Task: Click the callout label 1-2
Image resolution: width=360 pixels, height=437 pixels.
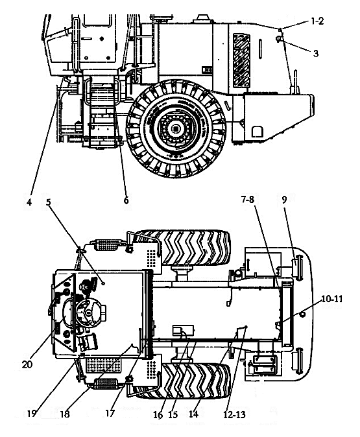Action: coord(317,21)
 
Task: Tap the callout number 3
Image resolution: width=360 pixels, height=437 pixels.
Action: coord(316,53)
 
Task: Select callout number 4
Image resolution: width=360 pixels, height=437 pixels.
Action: coord(29,202)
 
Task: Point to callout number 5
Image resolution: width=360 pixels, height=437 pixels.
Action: coord(48,202)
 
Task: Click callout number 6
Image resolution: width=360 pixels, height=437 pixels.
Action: coord(126,200)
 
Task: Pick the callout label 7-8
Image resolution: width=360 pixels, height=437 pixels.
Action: coord(248,200)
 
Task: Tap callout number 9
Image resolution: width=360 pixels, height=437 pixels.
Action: coord(284,200)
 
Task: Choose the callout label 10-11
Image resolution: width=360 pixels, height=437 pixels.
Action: coord(332,299)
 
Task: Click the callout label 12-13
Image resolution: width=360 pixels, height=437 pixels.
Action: coord(234,415)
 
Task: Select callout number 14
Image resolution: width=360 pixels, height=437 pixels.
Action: coord(193,414)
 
